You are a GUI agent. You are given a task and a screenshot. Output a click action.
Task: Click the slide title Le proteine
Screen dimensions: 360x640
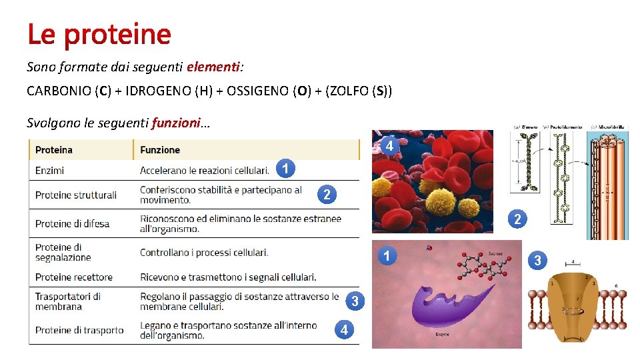(x=99, y=34)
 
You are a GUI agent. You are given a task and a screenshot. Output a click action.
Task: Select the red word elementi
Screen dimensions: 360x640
(x=213, y=67)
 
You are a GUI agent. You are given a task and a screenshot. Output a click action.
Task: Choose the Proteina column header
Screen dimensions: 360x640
(x=54, y=150)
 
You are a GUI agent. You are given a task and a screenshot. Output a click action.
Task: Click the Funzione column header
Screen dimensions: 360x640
(x=160, y=150)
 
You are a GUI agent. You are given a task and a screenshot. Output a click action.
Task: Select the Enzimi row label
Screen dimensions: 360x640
(x=50, y=171)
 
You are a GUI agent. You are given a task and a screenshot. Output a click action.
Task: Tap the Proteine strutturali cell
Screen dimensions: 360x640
(x=76, y=195)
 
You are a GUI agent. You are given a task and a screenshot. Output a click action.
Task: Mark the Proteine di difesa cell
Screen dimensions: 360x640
(x=72, y=223)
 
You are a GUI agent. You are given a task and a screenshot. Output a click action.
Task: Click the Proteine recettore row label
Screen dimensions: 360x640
(x=74, y=277)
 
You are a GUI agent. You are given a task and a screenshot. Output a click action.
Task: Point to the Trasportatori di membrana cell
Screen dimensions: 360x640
(x=68, y=301)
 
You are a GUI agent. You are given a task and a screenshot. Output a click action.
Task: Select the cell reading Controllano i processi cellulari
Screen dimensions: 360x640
(x=204, y=253)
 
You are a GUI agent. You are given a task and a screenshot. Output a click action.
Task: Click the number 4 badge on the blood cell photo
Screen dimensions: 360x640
(x=389, y=145)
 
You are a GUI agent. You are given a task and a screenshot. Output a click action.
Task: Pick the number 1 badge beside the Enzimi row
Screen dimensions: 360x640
(x=285, y=169)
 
